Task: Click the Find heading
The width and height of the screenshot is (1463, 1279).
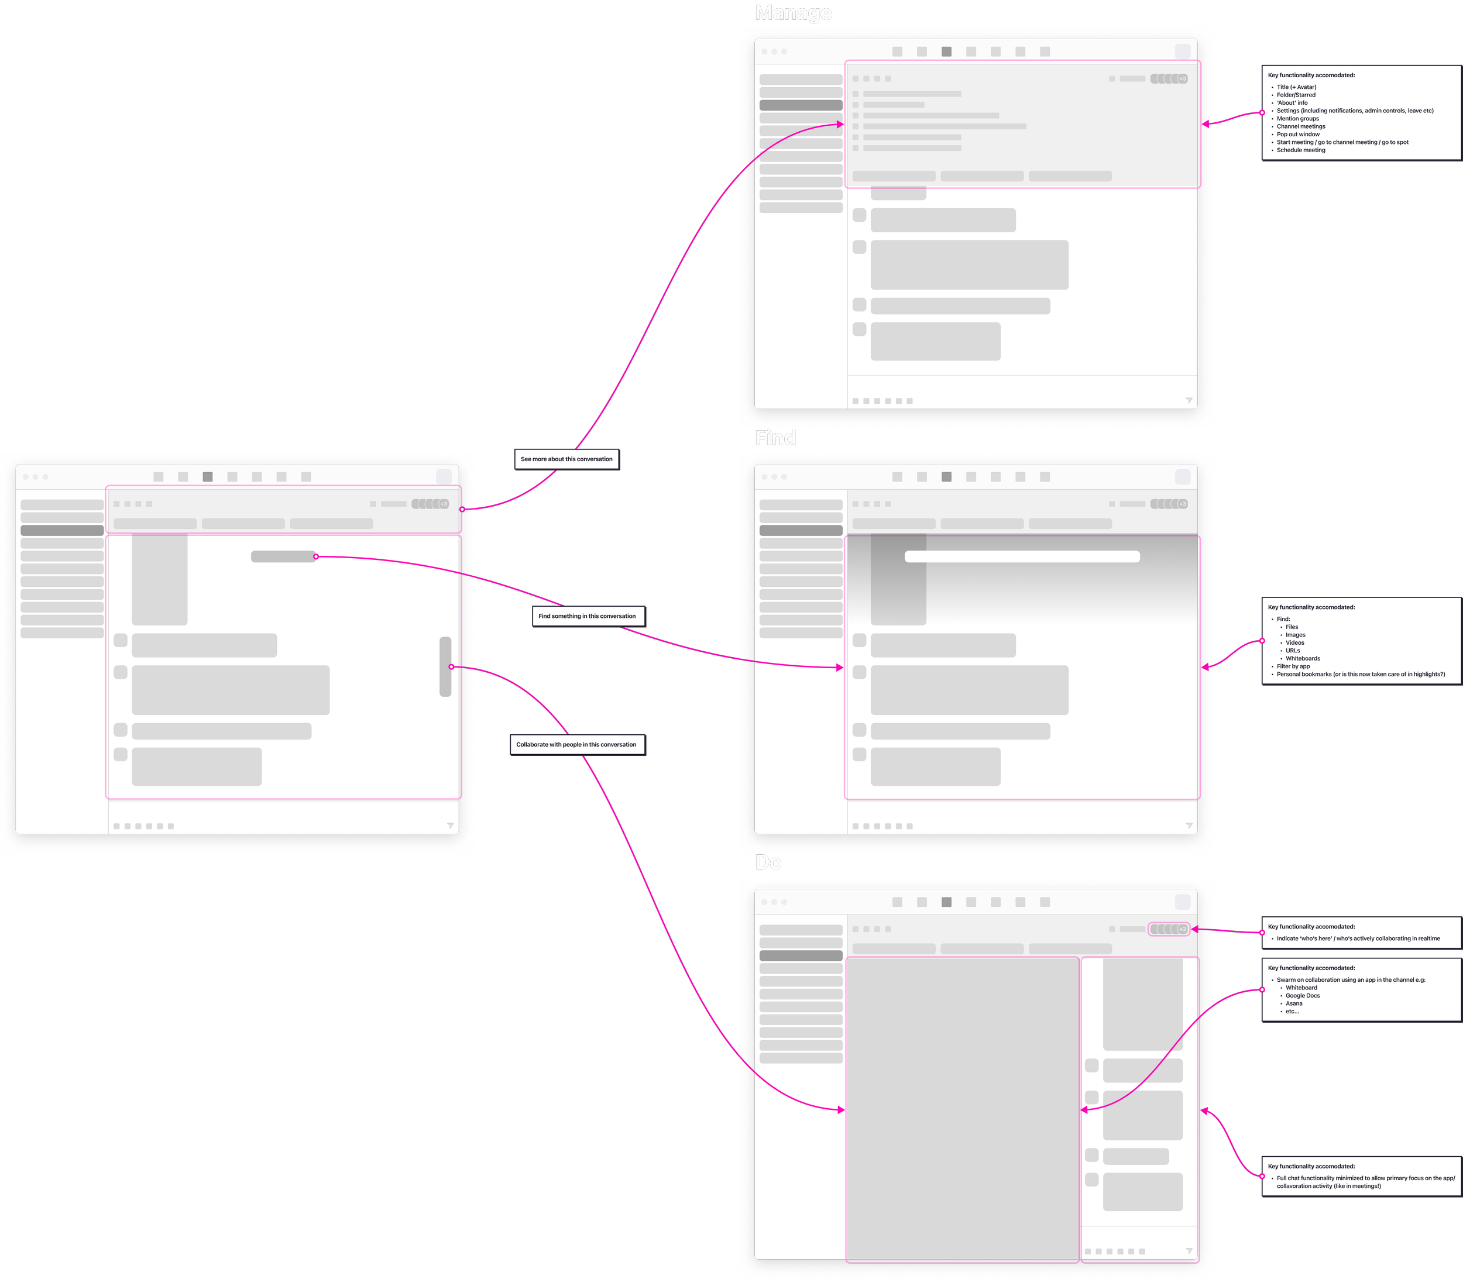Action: [x=775, y=438]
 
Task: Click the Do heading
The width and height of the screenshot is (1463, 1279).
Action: [x=768, y=862]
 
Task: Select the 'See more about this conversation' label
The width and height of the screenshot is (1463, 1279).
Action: [x=566, y=459]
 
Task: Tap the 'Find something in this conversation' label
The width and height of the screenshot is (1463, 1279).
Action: [x=587, y=616]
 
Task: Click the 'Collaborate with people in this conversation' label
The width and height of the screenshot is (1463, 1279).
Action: [x=576, y=744]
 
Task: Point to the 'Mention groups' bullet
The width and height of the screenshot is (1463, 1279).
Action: [x=1297, y=118]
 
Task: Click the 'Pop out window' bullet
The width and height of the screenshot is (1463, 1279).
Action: [x=1298, y=134]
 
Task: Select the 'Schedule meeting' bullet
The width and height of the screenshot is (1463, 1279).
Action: [x=1301, y=150]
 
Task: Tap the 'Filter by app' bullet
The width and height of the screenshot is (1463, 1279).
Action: [x=1293, y=666]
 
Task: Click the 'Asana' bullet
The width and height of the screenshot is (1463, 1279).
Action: [x=1294, y=1003]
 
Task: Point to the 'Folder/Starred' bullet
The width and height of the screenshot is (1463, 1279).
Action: [x=1296, y=95]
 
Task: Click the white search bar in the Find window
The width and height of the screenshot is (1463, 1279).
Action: [x=1021, y=556]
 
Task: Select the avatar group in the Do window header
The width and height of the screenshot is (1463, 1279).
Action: [x=1168, y=929]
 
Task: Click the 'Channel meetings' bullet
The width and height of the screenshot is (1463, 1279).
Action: [x=1301, y=126]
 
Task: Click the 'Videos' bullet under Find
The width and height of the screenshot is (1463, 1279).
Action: [x=1294, y=642]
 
